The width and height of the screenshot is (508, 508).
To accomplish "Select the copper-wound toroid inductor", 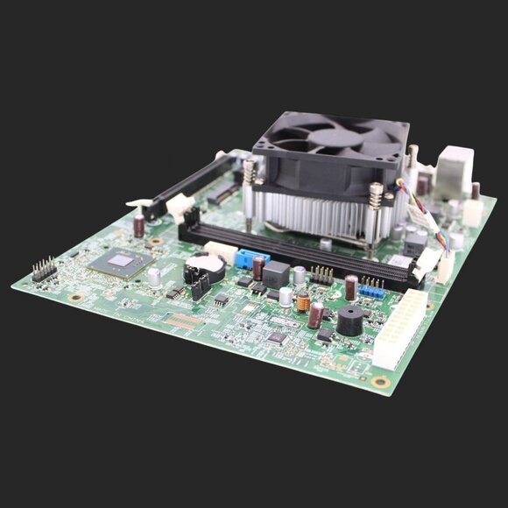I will pyautogui.click(x=303, y=304).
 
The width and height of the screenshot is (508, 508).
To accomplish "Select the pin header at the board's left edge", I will pyautogui.click(x=44, y=269).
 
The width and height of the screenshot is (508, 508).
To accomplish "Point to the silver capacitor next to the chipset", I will pyautogui.click(x=154, y=278).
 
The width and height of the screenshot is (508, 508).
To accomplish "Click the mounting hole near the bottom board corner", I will pyautogui.click(x=380, y=382).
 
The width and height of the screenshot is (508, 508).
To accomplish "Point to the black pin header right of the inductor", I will pyautogui.click(x=322, y=275).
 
